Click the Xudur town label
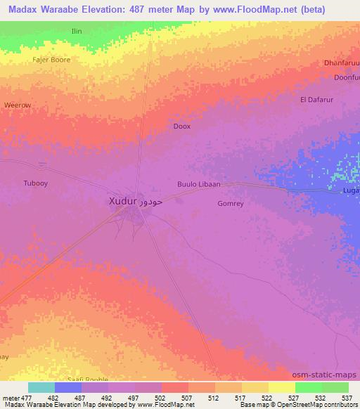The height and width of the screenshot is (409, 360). click(x=122, y=201)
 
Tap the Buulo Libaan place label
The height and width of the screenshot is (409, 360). click(x=198, y=185)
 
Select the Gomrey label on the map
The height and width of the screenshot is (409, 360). click(x=231, y=204)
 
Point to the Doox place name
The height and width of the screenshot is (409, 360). click(x=181, y=126)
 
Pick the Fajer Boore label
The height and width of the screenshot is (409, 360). click(x=51, y=60)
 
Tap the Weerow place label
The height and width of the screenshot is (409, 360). click(x=17, y=105)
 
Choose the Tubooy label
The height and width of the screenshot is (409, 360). click(x=35, y=183)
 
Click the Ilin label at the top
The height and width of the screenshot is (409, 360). click(x=77, y=32)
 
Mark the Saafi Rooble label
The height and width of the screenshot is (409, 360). click(x=84, y=379)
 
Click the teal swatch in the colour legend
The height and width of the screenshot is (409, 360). click(x=41, y=387)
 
